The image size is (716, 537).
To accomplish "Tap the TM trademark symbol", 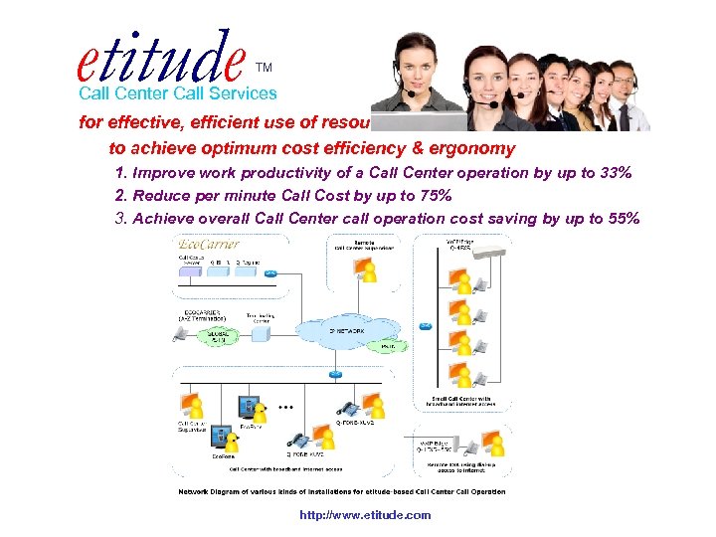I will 264,68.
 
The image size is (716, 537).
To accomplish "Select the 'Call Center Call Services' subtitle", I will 178,93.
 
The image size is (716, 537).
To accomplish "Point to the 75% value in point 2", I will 433,196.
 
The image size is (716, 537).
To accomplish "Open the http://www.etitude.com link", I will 365,515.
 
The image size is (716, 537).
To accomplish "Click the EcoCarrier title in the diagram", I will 207,245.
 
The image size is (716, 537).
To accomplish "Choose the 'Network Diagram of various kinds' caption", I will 341,491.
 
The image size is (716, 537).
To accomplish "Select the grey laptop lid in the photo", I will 419,122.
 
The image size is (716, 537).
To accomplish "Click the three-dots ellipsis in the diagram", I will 287,408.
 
